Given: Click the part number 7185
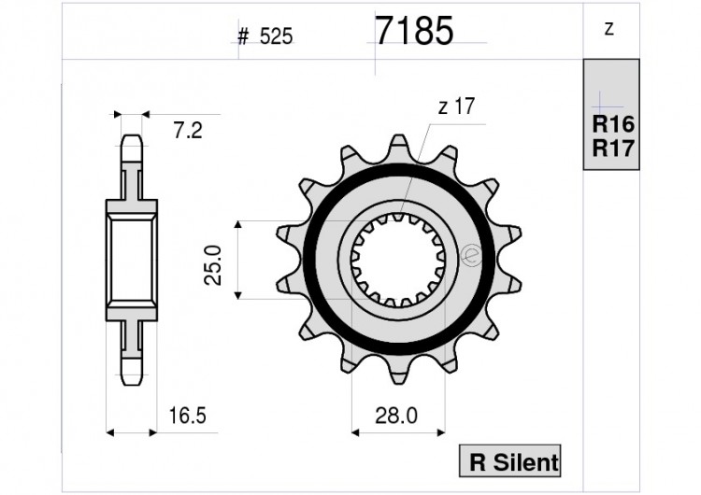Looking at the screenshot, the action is [414, 31].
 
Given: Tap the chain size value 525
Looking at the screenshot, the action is [277, 36].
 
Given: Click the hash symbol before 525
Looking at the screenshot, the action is [243, 36].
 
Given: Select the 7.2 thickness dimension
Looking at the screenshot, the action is [188, 131].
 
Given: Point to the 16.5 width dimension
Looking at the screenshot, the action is [187, 416].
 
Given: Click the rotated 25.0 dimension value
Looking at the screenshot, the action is [213, 265].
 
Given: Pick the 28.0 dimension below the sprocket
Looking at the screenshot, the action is [396, 416].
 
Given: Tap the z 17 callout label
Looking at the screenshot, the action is [456, 106].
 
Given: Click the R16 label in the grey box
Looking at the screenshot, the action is [613, 123].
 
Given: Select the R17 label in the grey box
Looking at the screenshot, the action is [613, 148].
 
